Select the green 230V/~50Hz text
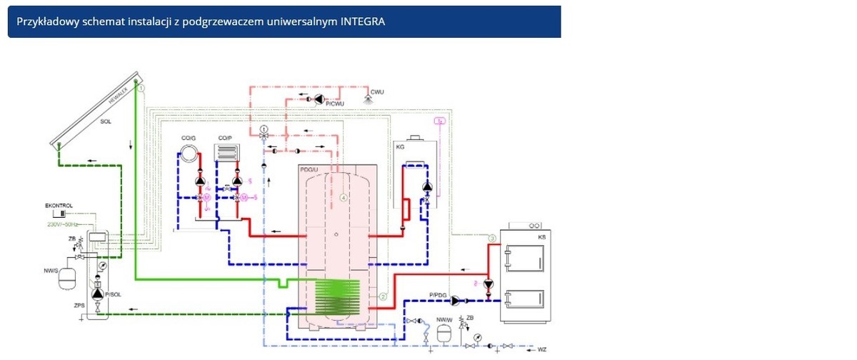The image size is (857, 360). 63,224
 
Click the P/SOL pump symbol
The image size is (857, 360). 98,294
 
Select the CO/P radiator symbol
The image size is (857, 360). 227,154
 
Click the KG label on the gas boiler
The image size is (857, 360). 401,146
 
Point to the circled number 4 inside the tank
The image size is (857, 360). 343,197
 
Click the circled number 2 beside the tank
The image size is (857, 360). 383,296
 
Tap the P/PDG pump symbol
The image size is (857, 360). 456,301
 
